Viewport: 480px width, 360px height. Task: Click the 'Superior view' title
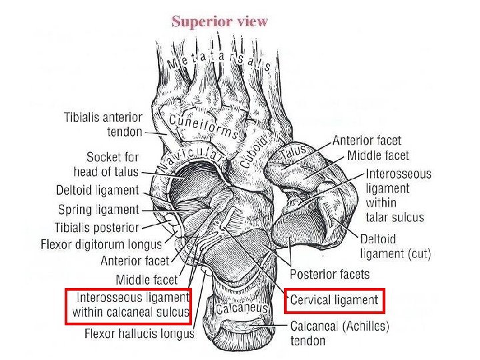pos(219,22)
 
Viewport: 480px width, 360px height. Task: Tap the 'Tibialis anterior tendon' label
pos(103,125)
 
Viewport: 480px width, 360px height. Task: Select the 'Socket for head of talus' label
pos(106,165)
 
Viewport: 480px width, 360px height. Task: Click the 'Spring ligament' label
pos(99,210)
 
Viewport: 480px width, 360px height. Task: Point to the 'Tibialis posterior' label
pos(97,227)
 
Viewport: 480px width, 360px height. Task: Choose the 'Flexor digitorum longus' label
pos(101,244)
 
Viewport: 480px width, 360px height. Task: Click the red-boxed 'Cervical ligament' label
pos(334,300)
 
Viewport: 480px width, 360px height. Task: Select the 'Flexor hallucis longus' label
pos(139,333)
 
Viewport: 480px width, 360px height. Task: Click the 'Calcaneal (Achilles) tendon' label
pos(339,333)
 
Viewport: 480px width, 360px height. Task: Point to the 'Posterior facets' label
pos(330,274)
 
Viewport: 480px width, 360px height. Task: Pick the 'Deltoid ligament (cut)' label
pos(395,247)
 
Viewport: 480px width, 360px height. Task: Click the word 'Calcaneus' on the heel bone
pos(242,307)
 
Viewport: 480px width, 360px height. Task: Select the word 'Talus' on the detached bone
pos(294,151)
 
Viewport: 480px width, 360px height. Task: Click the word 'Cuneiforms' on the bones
pos(203,126)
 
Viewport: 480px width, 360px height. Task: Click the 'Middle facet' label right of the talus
pos(378,155)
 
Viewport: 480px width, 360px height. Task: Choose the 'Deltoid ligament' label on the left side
pos(97,191)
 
